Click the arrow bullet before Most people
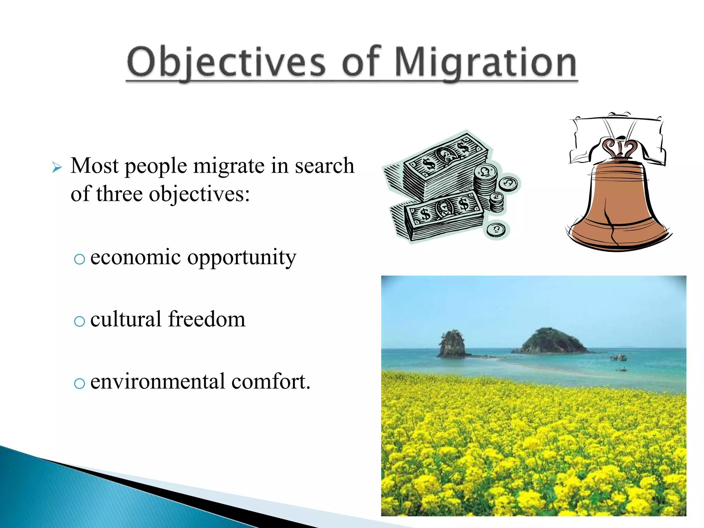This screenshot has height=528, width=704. (57, 168)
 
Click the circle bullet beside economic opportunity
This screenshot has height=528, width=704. (79, 259)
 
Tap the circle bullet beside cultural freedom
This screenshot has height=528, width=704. (79, 321)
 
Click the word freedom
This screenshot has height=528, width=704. (207, 319)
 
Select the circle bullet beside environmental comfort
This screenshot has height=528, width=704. (79, 383)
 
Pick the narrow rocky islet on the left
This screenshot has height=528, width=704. (452, 344)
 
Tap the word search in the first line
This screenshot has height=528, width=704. (324, 166)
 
